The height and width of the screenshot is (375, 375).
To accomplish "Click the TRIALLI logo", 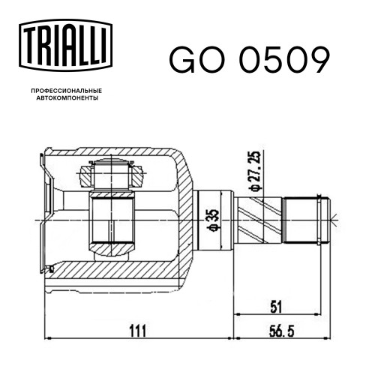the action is [65, 45].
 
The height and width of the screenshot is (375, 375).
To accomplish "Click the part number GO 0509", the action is [249, 60].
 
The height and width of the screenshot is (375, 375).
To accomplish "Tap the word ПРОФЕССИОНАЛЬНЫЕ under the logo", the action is [67, 91].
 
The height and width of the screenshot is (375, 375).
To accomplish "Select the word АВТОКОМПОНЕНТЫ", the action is [67, 98].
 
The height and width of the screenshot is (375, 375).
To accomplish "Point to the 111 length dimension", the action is [137, 331].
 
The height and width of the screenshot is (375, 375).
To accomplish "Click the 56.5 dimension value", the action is [282, 331].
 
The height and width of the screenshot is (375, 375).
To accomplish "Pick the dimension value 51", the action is [276, 307].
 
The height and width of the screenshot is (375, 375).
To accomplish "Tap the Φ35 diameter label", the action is [214, 220].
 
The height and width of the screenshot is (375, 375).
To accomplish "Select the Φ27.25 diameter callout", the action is [255, 171].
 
